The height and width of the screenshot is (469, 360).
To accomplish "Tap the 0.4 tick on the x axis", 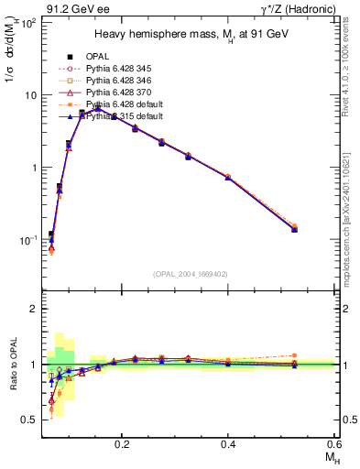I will coord(228,442).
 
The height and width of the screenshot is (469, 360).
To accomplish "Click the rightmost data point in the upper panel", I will coord(294,228).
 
